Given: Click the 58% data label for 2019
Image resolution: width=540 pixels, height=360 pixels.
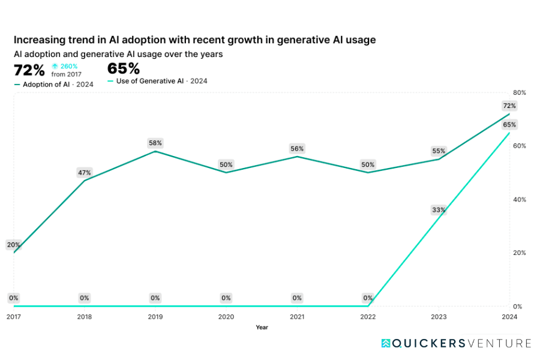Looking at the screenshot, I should coord(155,143).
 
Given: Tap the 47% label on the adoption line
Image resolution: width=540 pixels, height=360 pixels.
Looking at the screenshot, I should coord(85,173).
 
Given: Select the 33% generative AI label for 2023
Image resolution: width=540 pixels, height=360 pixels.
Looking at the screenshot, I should coord(439,210).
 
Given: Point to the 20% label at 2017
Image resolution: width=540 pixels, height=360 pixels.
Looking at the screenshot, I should coord(14,245).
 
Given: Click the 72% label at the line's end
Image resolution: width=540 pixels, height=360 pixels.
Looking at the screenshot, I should coord(509,106).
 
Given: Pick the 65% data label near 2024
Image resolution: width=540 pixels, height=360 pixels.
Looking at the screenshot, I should coord(509,125).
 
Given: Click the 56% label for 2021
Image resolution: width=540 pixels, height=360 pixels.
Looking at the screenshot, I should coord(297,148).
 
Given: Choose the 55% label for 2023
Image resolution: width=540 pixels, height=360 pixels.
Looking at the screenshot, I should coord(439,151).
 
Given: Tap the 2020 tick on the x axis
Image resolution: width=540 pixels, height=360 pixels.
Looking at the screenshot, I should coord(226,316).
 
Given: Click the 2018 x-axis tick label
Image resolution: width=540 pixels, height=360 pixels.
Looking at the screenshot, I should coord(85,316).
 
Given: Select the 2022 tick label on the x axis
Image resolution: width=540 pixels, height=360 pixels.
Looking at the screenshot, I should coord(368,316).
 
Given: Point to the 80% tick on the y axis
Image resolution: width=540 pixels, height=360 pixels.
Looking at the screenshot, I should coord(520,93).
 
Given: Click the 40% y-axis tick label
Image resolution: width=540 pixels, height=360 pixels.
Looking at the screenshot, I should coord(520,200).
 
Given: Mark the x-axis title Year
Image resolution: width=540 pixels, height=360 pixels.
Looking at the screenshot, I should coord(262,328).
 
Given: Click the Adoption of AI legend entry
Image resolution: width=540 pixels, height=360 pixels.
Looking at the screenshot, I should coord(54,85).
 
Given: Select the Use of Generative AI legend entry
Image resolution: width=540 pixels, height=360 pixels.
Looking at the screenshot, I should coord(157,81).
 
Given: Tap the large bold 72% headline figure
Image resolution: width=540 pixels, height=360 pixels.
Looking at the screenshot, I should coord(29,70).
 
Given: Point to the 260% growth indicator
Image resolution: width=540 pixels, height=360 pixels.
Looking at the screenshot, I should coord(65,67).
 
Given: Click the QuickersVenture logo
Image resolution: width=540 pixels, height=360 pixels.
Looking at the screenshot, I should coord(456,343).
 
